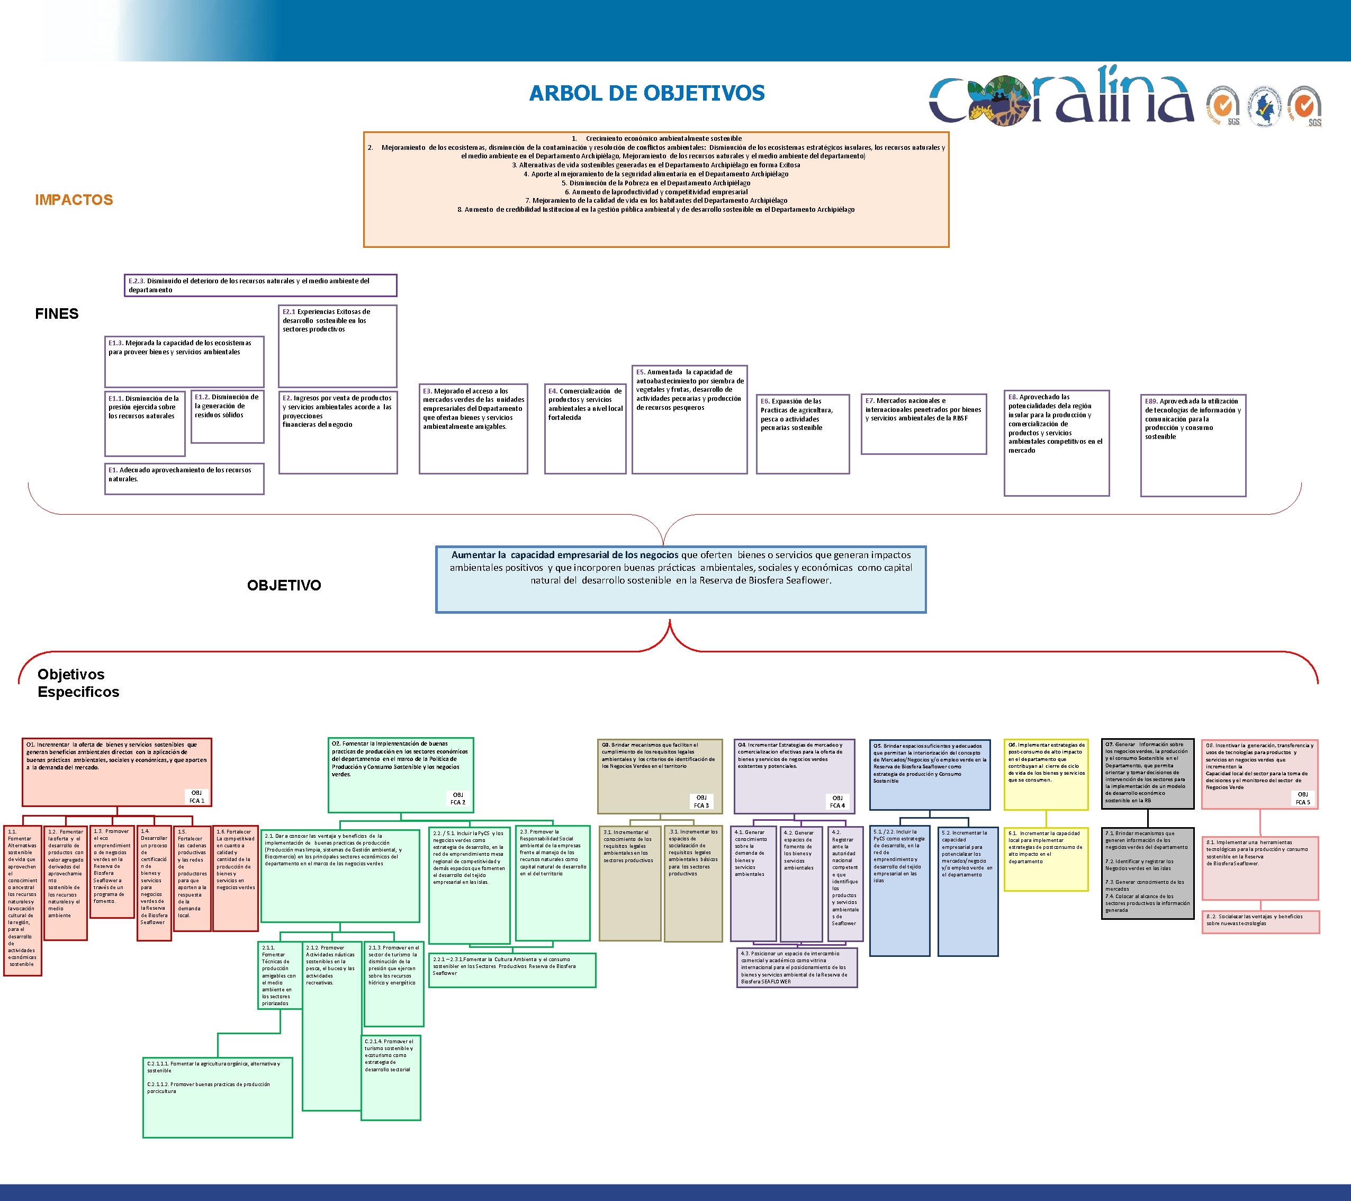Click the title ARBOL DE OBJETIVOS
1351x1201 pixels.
(646, 93)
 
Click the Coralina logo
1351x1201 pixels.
(1061, 98)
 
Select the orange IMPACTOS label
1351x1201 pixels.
(74, 200)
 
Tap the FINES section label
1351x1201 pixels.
(57, 314)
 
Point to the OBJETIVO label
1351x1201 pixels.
(284, 585)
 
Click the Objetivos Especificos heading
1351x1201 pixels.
(78, 683)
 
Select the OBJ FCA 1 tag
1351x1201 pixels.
(197, 796)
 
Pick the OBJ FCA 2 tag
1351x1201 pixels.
(457, 799)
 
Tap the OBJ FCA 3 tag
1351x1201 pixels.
(701, 801)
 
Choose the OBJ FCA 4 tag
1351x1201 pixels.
(837, 801)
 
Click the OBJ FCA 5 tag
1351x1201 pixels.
(1302, 798)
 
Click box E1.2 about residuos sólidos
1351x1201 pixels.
(227, 416)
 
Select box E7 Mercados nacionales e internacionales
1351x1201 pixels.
(923, 423)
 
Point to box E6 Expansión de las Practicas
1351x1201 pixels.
(803, 434)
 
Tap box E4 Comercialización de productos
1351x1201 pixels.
(585, 428)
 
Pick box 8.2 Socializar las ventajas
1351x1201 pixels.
(1260, 922)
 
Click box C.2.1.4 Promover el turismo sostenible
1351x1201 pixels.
(391, 1078)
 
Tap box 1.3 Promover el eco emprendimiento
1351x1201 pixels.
(112, 871)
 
